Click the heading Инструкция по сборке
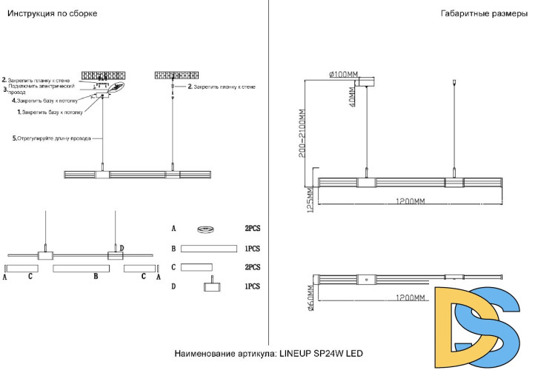[52, 14]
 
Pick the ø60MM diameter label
[310, 301]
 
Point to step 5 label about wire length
[52, 138]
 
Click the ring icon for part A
[207, 229]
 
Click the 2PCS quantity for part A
[253, 229]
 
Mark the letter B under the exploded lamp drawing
[96, 277]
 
